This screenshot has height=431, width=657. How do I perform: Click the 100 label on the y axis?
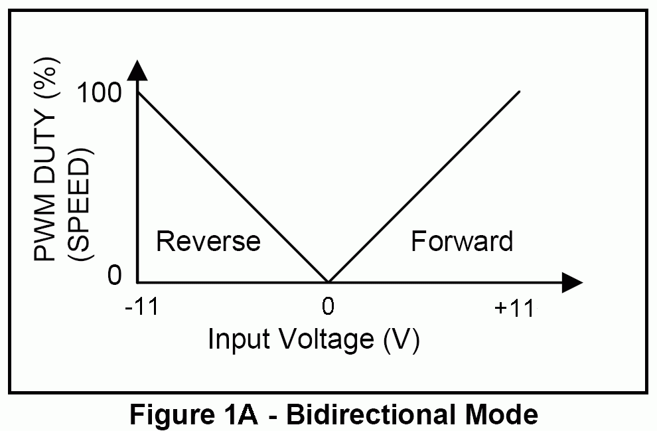point(100,92)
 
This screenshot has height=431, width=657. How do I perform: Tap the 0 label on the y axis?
point(114,276)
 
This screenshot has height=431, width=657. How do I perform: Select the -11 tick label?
point(142,307)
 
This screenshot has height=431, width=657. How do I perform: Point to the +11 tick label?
point(514,308)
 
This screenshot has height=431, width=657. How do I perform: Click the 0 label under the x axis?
point(328,306)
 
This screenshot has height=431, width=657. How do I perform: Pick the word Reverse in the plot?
point(208,241)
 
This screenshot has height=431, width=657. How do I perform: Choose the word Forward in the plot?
point(462,241)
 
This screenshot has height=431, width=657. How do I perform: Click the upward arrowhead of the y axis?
point(137,70)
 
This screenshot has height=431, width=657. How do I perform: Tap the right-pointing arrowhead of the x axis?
point(572,283)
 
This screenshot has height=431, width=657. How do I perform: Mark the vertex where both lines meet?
point(328,282)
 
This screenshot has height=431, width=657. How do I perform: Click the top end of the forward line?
point(519,91)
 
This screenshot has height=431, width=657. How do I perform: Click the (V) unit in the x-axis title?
point(402,340)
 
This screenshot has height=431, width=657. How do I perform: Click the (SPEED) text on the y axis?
point(80,204)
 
